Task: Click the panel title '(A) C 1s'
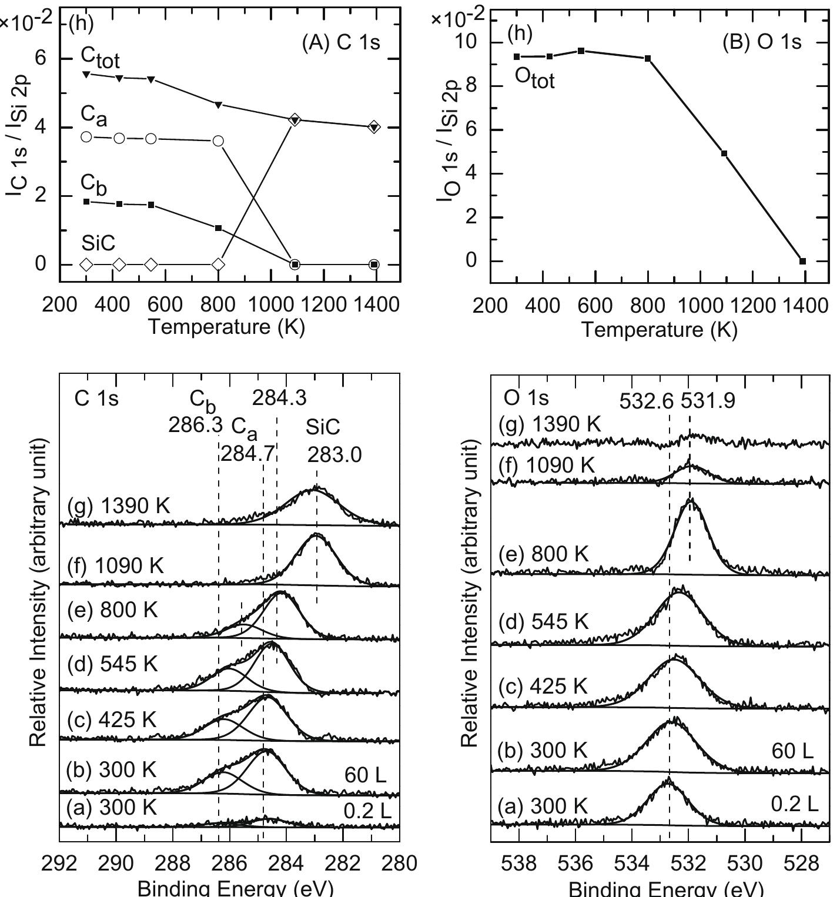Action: (341, 43)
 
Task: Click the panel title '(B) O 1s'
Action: (762, 43)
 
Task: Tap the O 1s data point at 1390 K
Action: (802, 261)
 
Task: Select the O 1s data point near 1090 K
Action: (724, 153)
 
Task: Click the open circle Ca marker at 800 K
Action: (218, 141)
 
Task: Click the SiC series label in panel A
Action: (98, 243)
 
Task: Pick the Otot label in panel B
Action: (534, 78)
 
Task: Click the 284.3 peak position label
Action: (279, 399)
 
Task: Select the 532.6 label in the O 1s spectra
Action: (647, 401)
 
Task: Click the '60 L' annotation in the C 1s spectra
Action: (365, 775)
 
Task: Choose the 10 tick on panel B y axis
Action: (471, 43)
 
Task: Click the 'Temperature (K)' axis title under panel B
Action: (659, 330)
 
